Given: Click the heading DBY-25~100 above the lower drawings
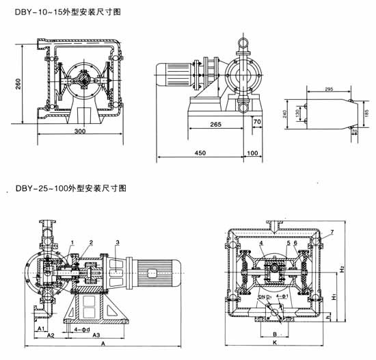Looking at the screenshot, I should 51,187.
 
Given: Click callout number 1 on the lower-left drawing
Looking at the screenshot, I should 71,242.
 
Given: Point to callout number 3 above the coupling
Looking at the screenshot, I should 118,242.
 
